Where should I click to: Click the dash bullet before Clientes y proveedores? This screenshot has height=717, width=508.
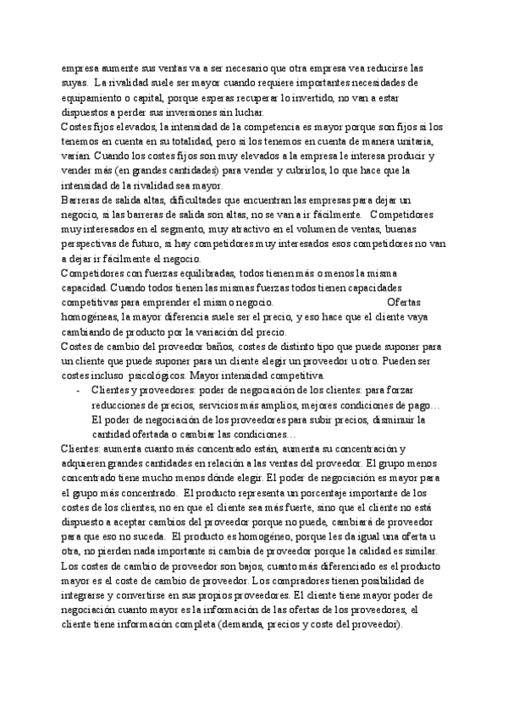click(x=78, y=391)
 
